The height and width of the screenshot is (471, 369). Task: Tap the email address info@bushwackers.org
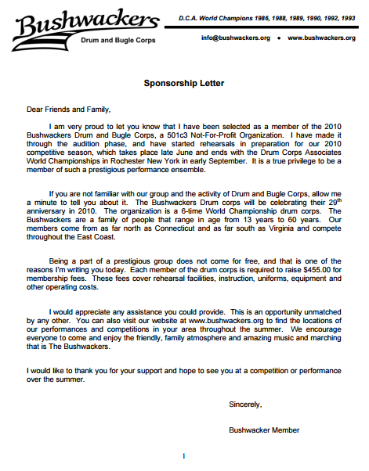(235, 38)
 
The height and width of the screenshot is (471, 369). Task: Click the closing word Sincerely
(244, 404)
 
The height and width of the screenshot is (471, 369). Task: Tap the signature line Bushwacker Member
(263, 430)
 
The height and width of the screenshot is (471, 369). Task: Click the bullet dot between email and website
(280, 38)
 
